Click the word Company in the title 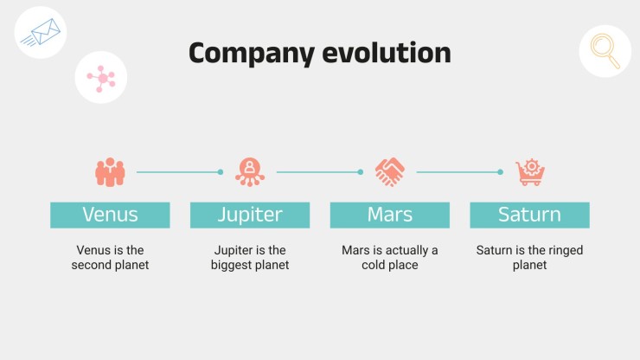point(252,54)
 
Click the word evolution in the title point(387,53)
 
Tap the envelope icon point(41,32)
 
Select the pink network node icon point(101,78)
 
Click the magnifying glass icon point(605,51)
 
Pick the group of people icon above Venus point(110,172)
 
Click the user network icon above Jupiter point(250,172)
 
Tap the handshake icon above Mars point(390,172)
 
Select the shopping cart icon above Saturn point(530,172)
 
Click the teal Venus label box point(110,215)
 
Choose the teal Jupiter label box point(250,215)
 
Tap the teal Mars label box point(390,215)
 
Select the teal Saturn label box point(530,215)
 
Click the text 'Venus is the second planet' point(110,257)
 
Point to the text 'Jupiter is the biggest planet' point(250,257)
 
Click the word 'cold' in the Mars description point(372,265)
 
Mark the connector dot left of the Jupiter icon point(221,172)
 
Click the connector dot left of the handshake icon point(361,172)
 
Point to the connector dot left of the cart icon point(501,172)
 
